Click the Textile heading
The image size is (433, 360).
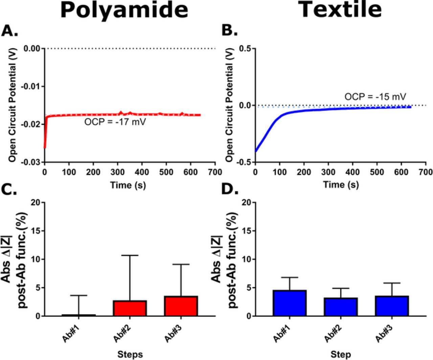coord(340,9)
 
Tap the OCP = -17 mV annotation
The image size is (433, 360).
coord(115,122)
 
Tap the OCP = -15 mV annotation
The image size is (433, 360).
coord(375,97)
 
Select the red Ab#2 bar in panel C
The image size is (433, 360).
coord(130,308)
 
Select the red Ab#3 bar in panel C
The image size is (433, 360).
coord(181,306)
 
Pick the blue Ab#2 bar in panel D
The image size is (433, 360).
coord(341,307)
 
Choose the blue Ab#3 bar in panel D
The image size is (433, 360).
coord(392,306)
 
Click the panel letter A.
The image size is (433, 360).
coord(9,31)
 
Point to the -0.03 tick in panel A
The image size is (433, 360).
coord(31,162)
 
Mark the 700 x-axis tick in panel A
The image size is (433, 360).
coord(215,172)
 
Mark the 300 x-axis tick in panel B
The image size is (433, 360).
coord(328,172)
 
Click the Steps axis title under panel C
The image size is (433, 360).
coord(130,354)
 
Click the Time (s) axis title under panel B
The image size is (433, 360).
coord(341,185)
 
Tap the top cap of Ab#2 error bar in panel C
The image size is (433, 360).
coord(130,255)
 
